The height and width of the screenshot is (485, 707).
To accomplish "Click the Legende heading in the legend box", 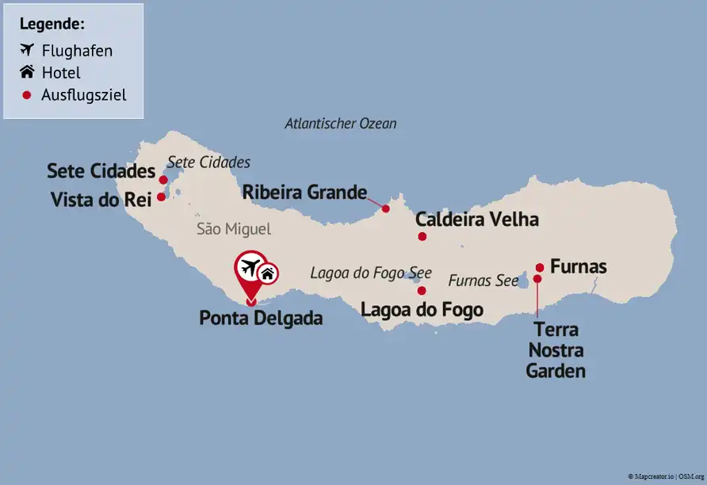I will point(52,24).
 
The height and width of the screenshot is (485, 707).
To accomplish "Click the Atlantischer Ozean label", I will point(340,124).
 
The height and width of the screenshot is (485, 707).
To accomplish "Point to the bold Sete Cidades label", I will point(101,171).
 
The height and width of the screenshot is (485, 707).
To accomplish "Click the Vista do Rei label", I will point(101,200).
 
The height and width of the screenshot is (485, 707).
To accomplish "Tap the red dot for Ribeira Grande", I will point(386,208).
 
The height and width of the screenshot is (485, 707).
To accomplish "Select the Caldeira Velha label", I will point(477,220).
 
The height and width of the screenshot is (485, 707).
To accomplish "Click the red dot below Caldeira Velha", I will point(422,236).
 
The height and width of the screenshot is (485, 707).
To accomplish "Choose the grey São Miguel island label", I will point(233,229).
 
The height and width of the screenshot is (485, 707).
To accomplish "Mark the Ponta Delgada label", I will point(261,319).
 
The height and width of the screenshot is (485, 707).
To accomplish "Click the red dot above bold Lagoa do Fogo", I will point(422,291).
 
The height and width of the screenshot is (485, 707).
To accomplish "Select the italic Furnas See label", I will point(483,281).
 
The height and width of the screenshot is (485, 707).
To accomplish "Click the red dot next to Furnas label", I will point(540,267).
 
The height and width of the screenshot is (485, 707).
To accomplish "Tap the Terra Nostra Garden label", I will point(556,349).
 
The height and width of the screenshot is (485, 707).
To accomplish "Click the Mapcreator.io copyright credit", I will point(666,476).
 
